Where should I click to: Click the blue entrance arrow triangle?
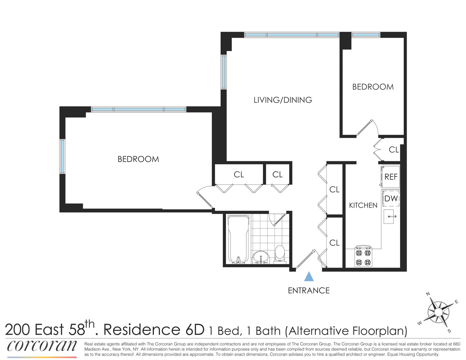point(309,277)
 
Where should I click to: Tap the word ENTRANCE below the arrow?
point(309,291)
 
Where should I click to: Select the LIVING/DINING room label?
point(283,100)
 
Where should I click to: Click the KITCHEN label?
point(363,205)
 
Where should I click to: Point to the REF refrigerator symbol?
point(391,176)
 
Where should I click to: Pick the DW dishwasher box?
point(391,198)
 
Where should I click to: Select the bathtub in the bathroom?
point(238,239)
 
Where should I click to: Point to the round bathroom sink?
point(260,257)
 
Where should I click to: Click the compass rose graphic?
point(439,312)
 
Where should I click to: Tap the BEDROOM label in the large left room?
point(138,159)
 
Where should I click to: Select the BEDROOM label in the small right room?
point(373,87)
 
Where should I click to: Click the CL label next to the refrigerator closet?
point(394,149)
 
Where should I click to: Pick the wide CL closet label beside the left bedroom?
point(239,175)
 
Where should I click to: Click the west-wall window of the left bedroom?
point(63,157)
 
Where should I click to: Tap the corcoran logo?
point(42,346)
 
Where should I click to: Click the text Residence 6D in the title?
point(154,330)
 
